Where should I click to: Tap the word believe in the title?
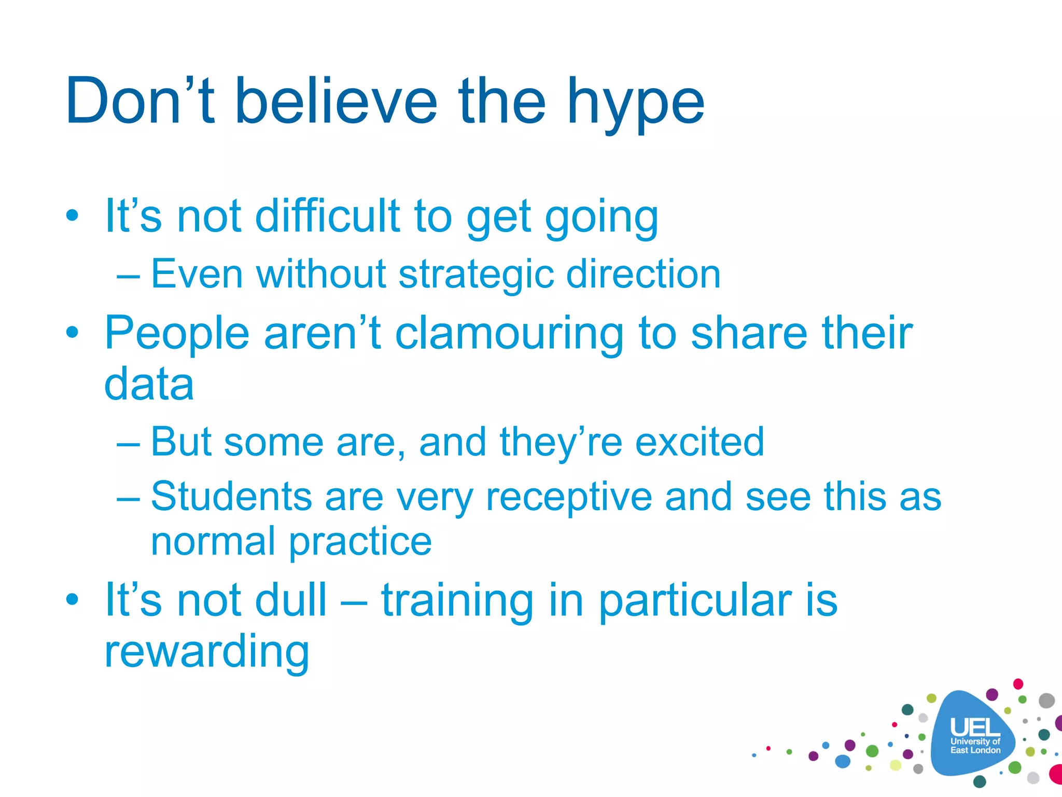(336, 101)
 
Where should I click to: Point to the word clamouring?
(509, 335)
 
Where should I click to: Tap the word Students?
(231, 497)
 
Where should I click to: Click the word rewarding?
(206, 653)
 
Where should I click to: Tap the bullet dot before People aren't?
(72, 333)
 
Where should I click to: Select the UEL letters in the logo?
(975, 727)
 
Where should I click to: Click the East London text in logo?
(975, 750)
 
